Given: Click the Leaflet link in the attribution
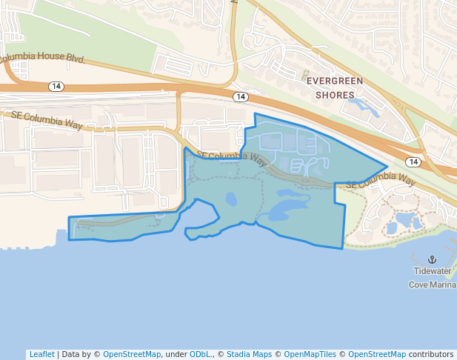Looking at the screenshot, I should pyautogui.click(x=41, y=354).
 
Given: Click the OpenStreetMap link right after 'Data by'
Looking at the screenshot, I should pyautogui.click(x=131, y=354).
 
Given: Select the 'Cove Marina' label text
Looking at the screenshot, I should pyautogui.click(x=433, y=284).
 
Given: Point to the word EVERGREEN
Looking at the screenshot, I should pyautogui.click(x=335, y=81).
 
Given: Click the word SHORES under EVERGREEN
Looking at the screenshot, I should pyautogui.click(x=335, y=95).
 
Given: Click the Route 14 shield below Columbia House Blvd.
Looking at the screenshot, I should pyautogui.click(x=56, y=87).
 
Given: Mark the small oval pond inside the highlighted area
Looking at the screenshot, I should pyautogui.click(x=231, y=199).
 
